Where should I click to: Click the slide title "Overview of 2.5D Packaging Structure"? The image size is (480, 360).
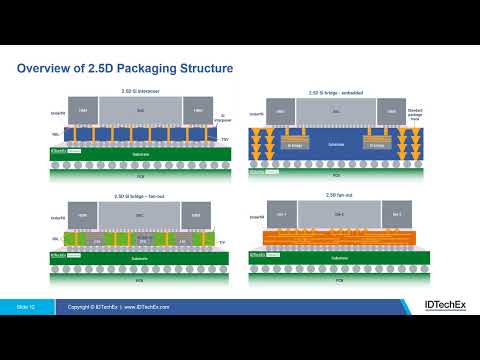tap(126, 68)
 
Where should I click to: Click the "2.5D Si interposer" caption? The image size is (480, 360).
tap(141, 91)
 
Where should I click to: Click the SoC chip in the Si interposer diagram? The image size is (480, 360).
tap(141, 109)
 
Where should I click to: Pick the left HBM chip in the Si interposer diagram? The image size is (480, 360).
tap(84, 110)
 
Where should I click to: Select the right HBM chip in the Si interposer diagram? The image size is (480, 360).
tap(199, 110)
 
